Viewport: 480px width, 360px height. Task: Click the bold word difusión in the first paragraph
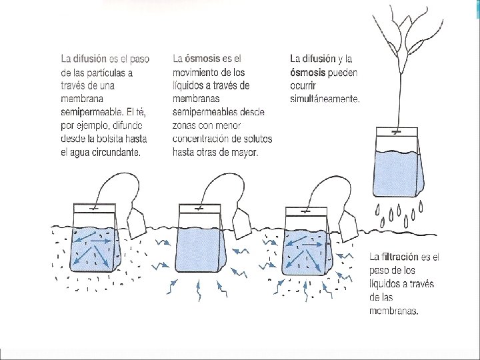click(90, 59)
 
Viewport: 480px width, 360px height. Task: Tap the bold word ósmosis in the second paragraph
click(203, 59)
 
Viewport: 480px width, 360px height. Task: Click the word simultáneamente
click(325, 99)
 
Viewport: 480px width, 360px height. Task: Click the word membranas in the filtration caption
click(394, 311)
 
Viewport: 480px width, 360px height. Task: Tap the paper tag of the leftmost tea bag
click(137, 223)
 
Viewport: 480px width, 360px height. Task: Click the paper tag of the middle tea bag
click(242, 224)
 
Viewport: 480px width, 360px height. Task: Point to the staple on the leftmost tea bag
click(93, 209)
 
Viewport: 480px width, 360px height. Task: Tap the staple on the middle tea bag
click(199, 209)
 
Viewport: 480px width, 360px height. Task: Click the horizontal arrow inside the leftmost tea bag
click(101, 241)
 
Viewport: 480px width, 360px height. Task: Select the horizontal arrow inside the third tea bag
click(312, 245)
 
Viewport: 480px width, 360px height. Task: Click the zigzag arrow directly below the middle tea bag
click(199, 289)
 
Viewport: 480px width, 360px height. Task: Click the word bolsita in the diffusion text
click(105, 139)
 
